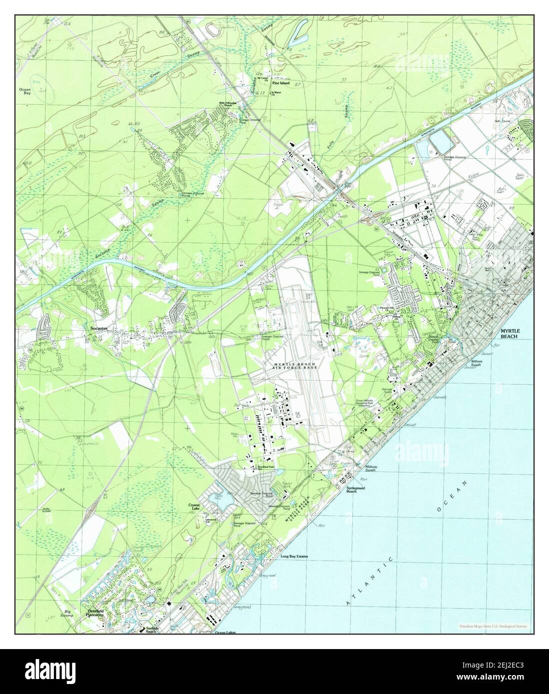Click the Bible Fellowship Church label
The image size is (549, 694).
(227, 105)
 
